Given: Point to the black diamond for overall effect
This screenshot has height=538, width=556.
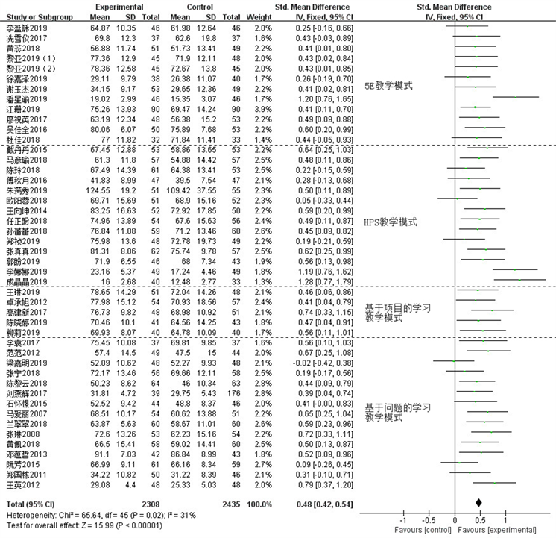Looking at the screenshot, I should (480, 503).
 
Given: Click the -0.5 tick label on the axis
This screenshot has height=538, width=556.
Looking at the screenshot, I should (429, 520).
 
